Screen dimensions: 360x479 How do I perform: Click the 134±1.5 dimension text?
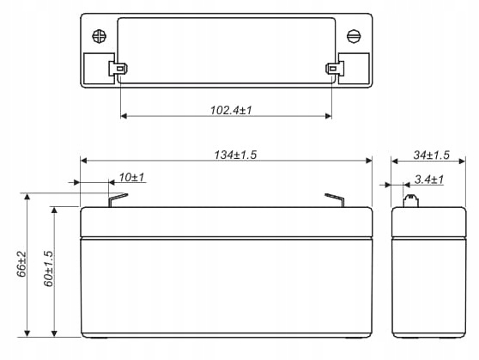236,155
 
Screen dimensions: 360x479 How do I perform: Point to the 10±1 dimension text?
131,178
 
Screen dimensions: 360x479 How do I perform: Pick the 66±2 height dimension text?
21,264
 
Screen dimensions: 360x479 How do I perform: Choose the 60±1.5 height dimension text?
48,268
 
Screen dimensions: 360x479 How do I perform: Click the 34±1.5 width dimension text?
431,155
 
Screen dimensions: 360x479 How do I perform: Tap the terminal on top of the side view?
411,202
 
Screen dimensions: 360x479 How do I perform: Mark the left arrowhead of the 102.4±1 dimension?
124,115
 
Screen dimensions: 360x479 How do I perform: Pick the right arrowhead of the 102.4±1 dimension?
328,115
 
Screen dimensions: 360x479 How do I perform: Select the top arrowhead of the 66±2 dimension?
28,197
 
